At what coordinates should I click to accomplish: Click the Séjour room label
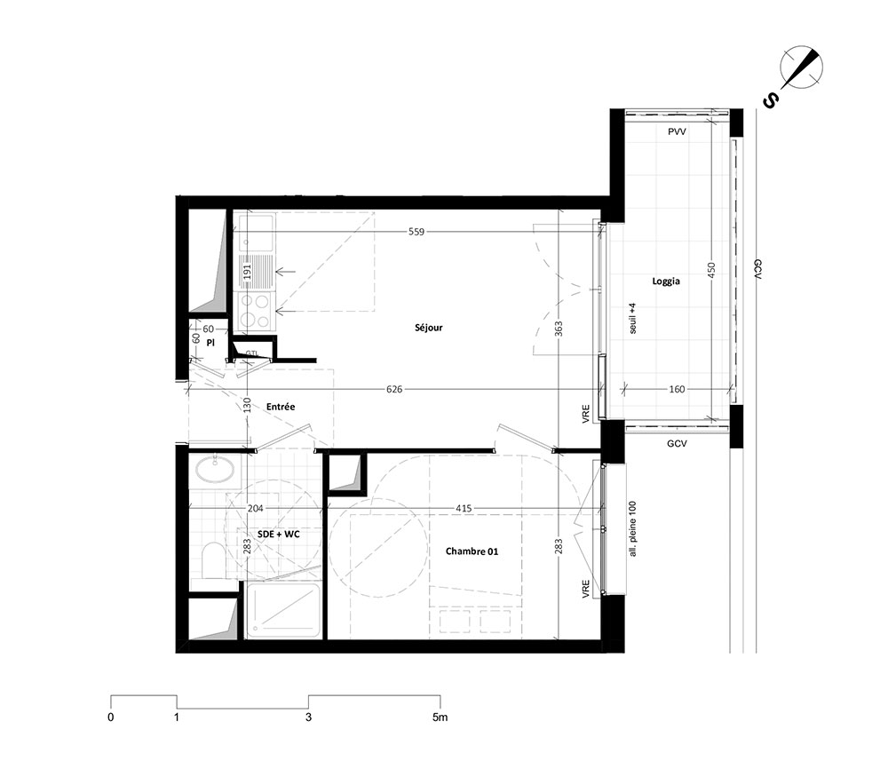[429, 328]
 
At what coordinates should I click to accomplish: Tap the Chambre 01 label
[472, 551]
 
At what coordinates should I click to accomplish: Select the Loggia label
[666, 281]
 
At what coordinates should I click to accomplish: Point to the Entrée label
[281, 407]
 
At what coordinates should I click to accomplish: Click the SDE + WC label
[279, 534]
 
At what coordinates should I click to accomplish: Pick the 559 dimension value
[416, 232]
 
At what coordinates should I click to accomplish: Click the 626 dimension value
[394, 389]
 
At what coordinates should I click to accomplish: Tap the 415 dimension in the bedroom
[464, 509]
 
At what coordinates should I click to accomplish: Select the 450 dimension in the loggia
[712, 269]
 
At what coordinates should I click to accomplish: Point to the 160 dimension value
[677, 389]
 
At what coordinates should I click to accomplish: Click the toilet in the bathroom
[213, 560]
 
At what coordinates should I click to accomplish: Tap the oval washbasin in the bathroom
[215, 470]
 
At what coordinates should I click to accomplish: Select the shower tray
[284, 610]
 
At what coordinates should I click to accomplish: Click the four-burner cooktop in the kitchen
[254, 311]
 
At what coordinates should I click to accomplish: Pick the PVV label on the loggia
[677, 132]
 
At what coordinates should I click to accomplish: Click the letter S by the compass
[770, 101]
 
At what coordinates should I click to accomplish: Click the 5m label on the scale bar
[440, 717]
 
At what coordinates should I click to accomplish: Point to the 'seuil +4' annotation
[633, 318]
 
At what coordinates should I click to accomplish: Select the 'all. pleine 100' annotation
[633, 529]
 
